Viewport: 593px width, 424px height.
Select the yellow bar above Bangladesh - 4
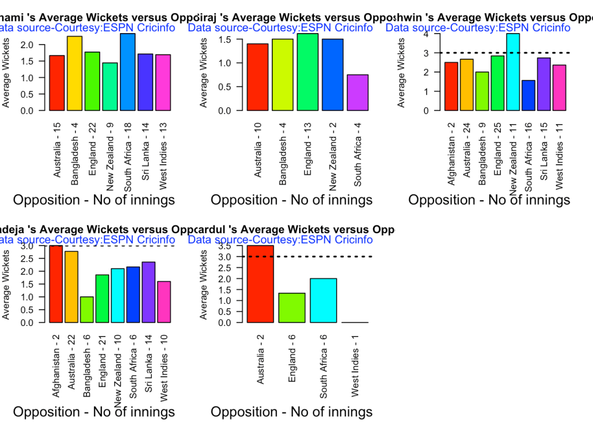click(75, 73)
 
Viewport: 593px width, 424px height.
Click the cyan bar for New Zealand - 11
click(513, 72)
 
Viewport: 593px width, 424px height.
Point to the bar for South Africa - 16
click(529, 95)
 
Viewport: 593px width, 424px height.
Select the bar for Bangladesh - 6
click(87, 310)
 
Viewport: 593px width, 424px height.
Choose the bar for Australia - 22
click(71, 287)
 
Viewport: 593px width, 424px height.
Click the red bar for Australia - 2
click(259, 284)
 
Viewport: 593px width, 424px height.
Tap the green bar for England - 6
click(292, 308)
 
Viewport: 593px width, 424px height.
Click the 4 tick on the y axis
click(426, 34)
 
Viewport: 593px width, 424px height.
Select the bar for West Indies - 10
click(164, 302)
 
